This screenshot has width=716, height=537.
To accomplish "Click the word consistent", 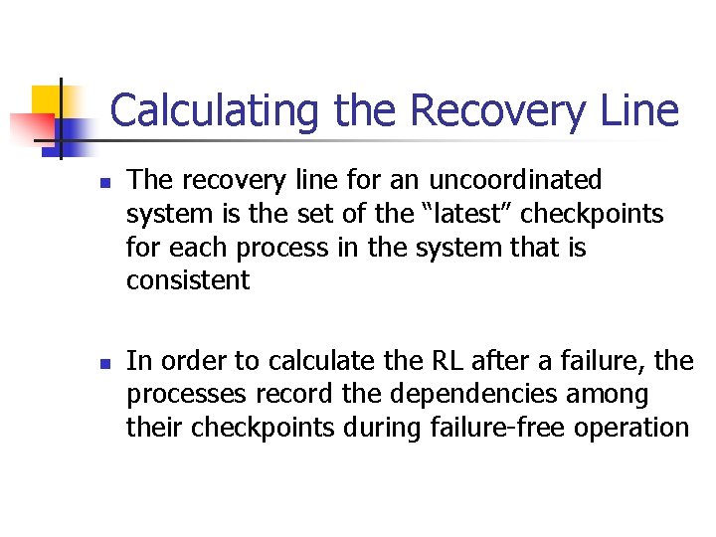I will coord(188,280).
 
